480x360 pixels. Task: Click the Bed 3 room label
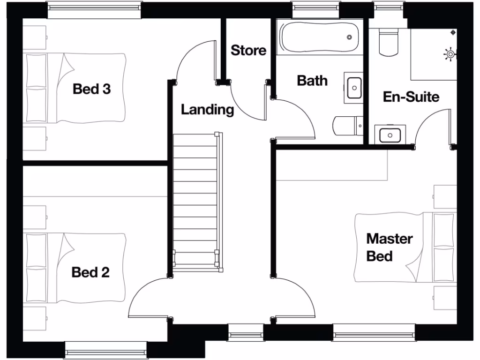[x=92, y=89]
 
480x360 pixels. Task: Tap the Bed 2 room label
[x=90, y=272]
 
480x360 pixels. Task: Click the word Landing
[x=207, y=110]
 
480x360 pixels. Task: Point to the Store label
[x=248, y=50]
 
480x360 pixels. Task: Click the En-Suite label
[x=411, y=97]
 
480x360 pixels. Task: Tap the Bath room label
[x=312, y=80]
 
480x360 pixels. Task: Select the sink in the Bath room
[x=354, y=87]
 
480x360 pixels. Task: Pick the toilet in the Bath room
[x=347, y=125]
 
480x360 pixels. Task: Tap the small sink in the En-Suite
[x=390, y=135]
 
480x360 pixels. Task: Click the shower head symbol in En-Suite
[x=450, y=54]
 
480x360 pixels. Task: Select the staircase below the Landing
[x=196, y=202]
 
